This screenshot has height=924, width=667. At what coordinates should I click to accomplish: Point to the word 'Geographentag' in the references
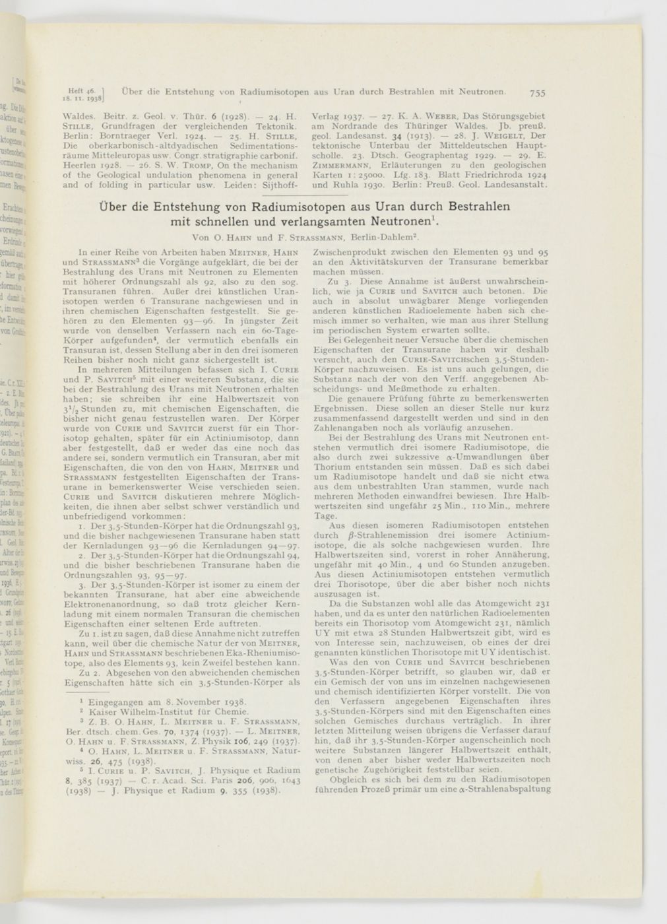pyautogui.click(x=417, y=155)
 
